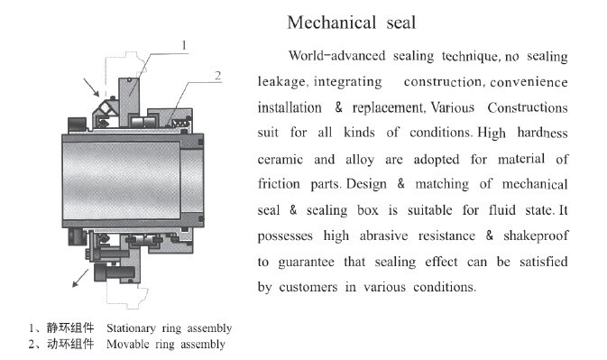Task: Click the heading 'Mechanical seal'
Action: click(352, 23)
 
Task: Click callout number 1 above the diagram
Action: click(184, 45)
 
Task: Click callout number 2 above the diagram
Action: click(218, 76)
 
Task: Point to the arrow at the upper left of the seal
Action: click(91, 88)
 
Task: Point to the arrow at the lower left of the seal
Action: click(80, 278)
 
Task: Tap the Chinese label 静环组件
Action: click(70, 328)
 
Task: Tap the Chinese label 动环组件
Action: click(70, 344)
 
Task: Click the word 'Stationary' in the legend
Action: click(132, 328)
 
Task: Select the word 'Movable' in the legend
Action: click(127, 344)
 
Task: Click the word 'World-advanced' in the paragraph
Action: click(336, 56)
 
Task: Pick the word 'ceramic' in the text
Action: click(281, 160)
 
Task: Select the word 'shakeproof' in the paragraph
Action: click(536, 236)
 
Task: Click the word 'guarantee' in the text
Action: click(307, 263)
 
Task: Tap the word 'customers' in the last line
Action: click(308, 287)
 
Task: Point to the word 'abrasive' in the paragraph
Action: click(383, 235)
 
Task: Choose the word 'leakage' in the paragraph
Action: click(282, 82)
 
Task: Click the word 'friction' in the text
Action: click(279, 183)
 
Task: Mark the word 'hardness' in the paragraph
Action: click(543, 133)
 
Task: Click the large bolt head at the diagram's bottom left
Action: click(100, 272)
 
